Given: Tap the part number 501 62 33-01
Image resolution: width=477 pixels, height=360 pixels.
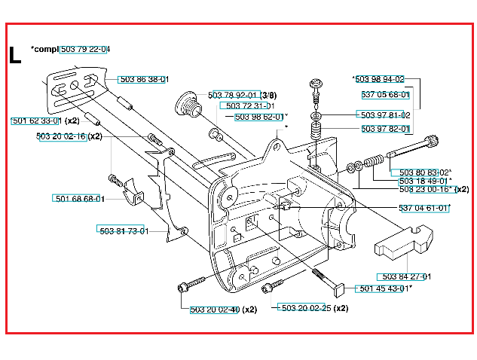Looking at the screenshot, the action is coord(36,121).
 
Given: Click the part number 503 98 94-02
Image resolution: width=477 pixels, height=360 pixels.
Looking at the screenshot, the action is coord(380,79).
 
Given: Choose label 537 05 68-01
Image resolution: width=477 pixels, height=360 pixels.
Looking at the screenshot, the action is coord(385,95).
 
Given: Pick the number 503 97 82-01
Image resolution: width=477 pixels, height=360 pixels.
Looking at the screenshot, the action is coord(385,129).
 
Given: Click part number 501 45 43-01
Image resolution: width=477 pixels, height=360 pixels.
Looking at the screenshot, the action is coord(384,288).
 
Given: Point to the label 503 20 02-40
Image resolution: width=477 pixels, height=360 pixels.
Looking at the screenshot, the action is coord(215,310).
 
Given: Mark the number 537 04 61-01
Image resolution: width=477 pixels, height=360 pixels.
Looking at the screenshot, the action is coord(423,209).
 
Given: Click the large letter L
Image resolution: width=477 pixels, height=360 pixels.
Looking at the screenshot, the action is coord(15,55).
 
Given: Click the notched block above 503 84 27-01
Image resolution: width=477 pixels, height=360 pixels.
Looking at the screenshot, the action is coord(403,240).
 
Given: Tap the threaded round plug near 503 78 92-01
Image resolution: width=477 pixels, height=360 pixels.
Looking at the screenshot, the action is coord(188,104).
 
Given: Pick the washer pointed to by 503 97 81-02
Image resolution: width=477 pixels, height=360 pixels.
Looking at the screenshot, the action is coord(316,116).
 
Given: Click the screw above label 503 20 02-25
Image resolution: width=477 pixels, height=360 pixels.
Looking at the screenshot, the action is coord(272,286).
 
